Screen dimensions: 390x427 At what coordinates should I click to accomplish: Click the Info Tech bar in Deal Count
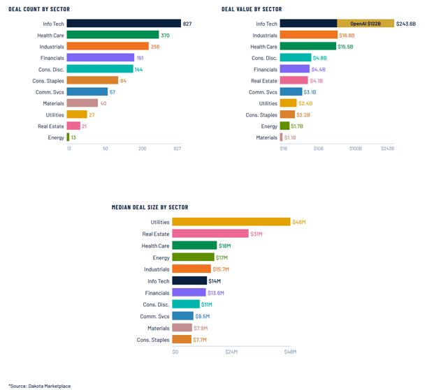(x=124, y=24)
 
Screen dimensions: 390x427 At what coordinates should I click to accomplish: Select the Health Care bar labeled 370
(x=113, y=35)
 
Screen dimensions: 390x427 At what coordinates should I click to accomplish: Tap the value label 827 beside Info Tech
(x=187, y=24)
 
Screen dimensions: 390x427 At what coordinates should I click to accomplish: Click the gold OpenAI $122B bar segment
(x=366, y=24)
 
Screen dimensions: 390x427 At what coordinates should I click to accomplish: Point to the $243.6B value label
(x=405, y=24)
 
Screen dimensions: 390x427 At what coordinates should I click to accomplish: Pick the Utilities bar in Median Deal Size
(x=231, y=222)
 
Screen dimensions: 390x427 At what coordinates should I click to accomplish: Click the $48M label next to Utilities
(x=299, y=222)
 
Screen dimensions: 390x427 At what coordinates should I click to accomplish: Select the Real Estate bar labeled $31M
(x=210, y=234)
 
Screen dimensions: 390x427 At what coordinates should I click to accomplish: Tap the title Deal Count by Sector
(x=39, y=9)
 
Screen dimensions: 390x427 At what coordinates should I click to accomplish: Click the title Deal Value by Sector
(x=252, y=9)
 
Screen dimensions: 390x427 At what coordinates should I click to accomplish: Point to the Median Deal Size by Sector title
(x=150, y=207)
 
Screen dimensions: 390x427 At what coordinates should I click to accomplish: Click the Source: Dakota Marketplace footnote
(x=39, y=386)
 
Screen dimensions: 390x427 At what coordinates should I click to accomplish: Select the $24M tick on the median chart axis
(x=232, y=352)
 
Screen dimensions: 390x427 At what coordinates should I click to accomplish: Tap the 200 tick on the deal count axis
(x=143, y=149)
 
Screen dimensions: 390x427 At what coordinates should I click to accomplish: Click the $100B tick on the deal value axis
(x=355, y=149)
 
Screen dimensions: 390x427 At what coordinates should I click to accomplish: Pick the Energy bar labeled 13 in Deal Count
(x=68, y=137)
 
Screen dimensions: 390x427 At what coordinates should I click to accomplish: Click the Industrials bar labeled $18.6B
(x=308, y=35)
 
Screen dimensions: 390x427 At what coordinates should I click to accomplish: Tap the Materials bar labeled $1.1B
(x=282, y=137)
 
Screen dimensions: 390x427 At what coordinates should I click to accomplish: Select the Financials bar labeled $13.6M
(x=189, y=293)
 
